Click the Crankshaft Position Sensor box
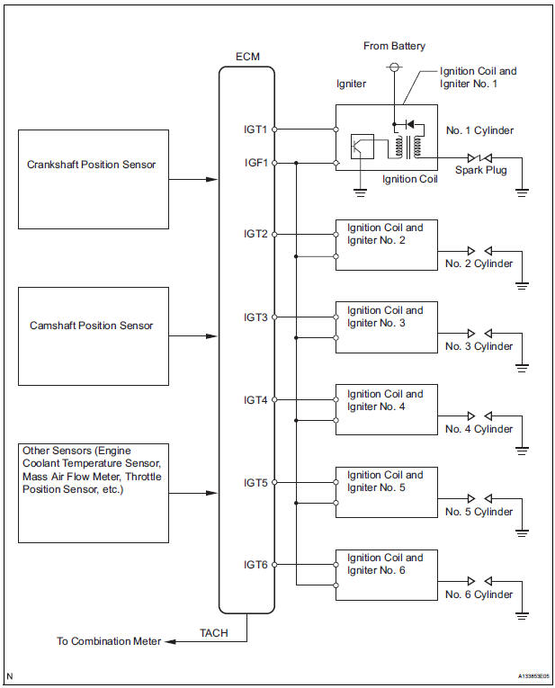(94, 178)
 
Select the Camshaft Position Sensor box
(94, 326)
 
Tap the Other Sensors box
(94, 492)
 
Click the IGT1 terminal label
(255, 130)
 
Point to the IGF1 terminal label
(255, 163)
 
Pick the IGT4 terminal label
(255, 399)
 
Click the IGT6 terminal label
(255, 565)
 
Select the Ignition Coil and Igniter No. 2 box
(386, 244)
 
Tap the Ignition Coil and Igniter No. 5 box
(386, 492)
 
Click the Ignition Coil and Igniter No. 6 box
(386, 575)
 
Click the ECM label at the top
(246, 57)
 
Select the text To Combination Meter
(109, 641)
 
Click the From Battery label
(394, 46)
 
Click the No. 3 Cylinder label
(479, 346)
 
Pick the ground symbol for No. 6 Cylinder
(523, 616)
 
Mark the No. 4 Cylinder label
(479, 429)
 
